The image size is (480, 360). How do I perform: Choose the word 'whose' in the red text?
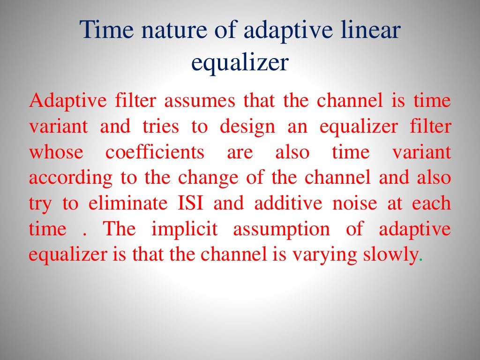[56, 153]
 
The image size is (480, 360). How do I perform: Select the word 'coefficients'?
[155, 153]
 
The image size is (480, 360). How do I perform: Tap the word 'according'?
[70, 179]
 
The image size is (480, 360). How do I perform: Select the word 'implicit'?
[185, 230]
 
